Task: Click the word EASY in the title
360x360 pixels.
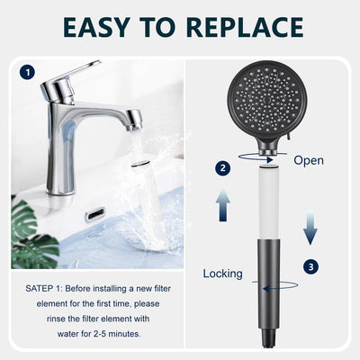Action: pyautogui.click(x=96, y=27)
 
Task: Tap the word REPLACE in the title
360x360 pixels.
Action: pyautogui.click(x=245, y=27)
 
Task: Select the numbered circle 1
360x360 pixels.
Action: pyautogui.click(x=27, y=73)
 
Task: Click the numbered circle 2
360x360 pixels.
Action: pyautogui.click(x=222, y=168)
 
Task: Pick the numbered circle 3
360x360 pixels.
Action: pyautogui.click(x=310, y=266)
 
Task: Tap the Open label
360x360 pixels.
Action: pyautogui.click(x=309, y=160)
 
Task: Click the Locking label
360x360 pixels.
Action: pyautogui.click(x=222, y=274)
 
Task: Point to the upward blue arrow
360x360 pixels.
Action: pyautogui.click(x=222, y=204)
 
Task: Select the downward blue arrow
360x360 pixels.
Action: pyautogui.click(x=310, y=228)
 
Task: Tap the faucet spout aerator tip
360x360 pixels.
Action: pyautogui.click(x=134, y=119)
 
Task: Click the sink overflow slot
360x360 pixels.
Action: pyautogui.click(x=94, y=215)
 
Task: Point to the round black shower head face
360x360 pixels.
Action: pyautogui.click(x=266, y=101)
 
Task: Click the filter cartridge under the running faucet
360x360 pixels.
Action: pyautogui.click(x=147, y=198)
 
